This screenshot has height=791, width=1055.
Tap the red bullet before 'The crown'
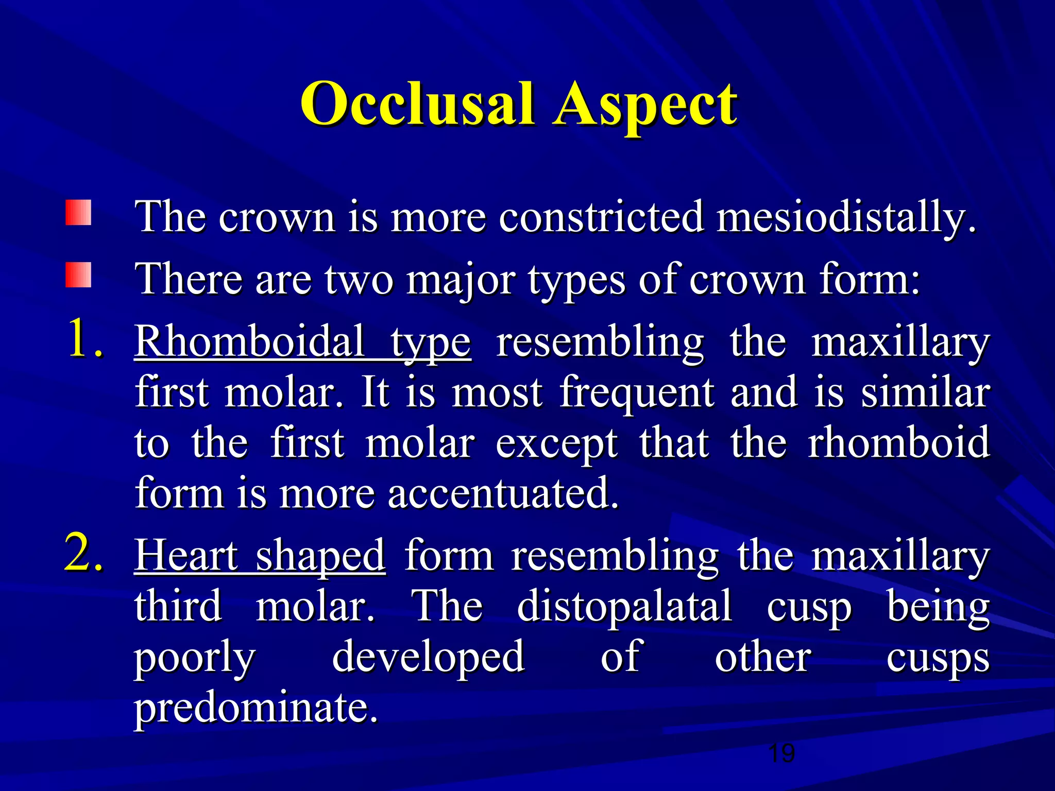tap(78, 213)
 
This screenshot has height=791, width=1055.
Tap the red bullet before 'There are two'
tap(78, 275)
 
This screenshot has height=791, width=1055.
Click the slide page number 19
tap(781, 753)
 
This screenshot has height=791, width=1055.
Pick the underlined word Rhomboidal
tap(250, 341)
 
